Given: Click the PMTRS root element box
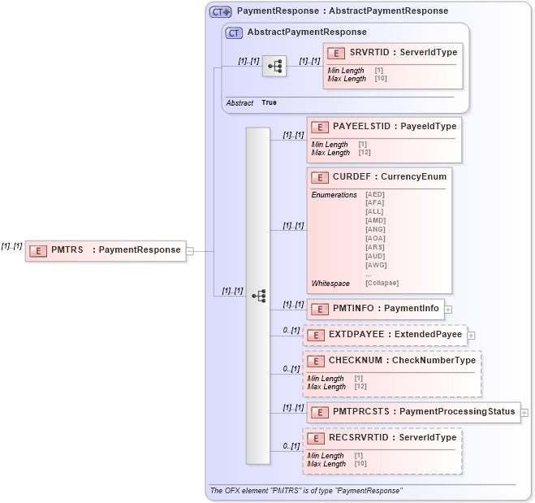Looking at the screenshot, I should (x=106, y=250).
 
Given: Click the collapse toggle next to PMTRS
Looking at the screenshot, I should (x=190, y=250).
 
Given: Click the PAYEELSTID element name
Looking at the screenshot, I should (x=363, y=126).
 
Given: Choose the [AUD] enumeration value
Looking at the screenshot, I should (x=375, y=255).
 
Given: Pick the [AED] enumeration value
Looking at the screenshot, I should (x=375, y=194).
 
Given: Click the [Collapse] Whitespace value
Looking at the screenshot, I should (x=382, y=283).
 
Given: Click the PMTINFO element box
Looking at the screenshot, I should (x=374, y=308).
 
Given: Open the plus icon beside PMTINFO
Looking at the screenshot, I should (x=448, y=309).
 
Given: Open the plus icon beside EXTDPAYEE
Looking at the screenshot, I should (x=471, y=335).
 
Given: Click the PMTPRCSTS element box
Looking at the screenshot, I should (x=413, y=412).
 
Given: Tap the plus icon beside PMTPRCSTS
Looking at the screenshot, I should (x=524, y=413).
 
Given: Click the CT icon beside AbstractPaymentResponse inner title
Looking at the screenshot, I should (x=234, y=33).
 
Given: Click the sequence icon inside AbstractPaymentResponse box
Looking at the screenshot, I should (x=274, y=67).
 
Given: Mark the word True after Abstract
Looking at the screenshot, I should (x=269, y=102).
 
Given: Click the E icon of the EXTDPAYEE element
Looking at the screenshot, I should (x=315, y=335).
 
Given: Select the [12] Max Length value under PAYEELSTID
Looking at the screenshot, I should (x=364, y=152).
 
